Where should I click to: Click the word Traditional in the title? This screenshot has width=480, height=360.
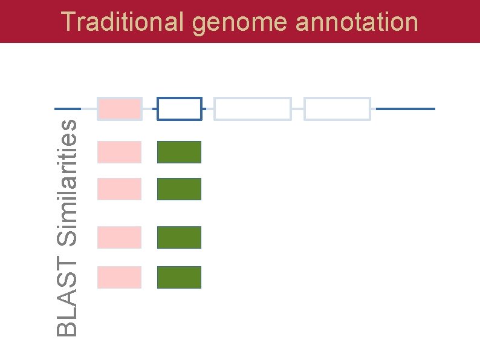pyautogui.click(x=122, y=22)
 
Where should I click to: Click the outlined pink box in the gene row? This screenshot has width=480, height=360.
pyautogui.click(x=120, y=109)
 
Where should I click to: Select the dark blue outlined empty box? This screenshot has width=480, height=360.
pyautogui.click(x=180, y=109)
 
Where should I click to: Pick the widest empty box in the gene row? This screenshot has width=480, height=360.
pyautogui.click(x=253, y=109)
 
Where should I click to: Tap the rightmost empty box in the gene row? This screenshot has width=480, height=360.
pyautogui.click(x=337, y=109)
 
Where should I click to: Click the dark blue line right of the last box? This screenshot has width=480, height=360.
pyautogui.click(x=405, y=109)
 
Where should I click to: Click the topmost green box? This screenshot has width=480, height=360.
pyautogui.click(x=179, y=152)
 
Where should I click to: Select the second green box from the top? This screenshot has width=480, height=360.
pyautogui.click(x=179, y=189)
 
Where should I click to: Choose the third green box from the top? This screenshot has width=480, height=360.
pyautogui.click(x=179, y=237)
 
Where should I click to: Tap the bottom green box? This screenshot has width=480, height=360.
pyautogui.click(x=179, y=277)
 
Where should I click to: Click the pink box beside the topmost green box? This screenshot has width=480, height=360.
pyautogui.click(x=120, y=152)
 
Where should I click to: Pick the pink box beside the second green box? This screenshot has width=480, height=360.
pyautogui.click(x=120, y=189)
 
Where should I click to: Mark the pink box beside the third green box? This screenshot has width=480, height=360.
pyautogui.click(x=120, y=237)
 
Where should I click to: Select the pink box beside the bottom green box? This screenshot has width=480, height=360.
pyautogui.click(x=120, y=277)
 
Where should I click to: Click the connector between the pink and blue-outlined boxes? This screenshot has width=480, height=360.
pyautogui.click(x=150, y=109)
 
